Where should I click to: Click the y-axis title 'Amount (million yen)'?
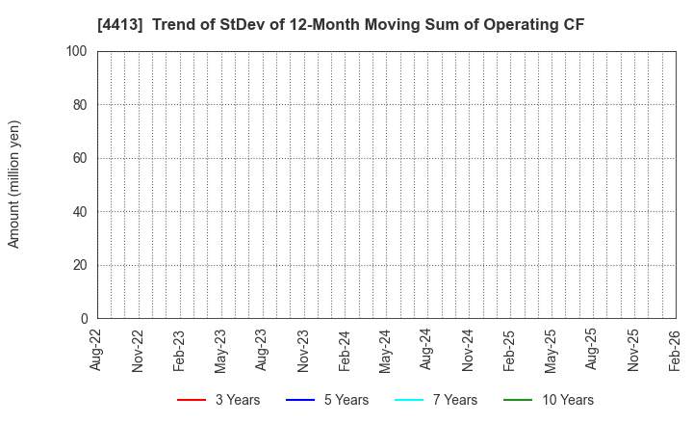(14, 184)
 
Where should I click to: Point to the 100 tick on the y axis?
(77, 51)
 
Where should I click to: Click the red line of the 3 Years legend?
(192, 400)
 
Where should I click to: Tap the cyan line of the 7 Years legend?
(409, 400)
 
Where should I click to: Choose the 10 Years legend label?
(566, 400)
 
